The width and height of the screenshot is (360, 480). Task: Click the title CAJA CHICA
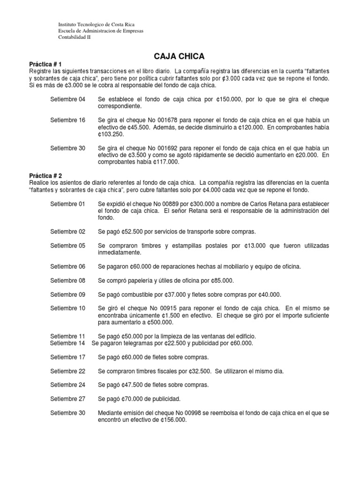tap(180, 56)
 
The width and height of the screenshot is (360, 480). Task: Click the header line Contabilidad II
tap(75, 37)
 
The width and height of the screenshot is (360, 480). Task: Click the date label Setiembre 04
tap(68, 99)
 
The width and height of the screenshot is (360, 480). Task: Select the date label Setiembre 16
tap(68, 120)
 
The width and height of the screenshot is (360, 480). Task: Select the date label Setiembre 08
tap(68, 280)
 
